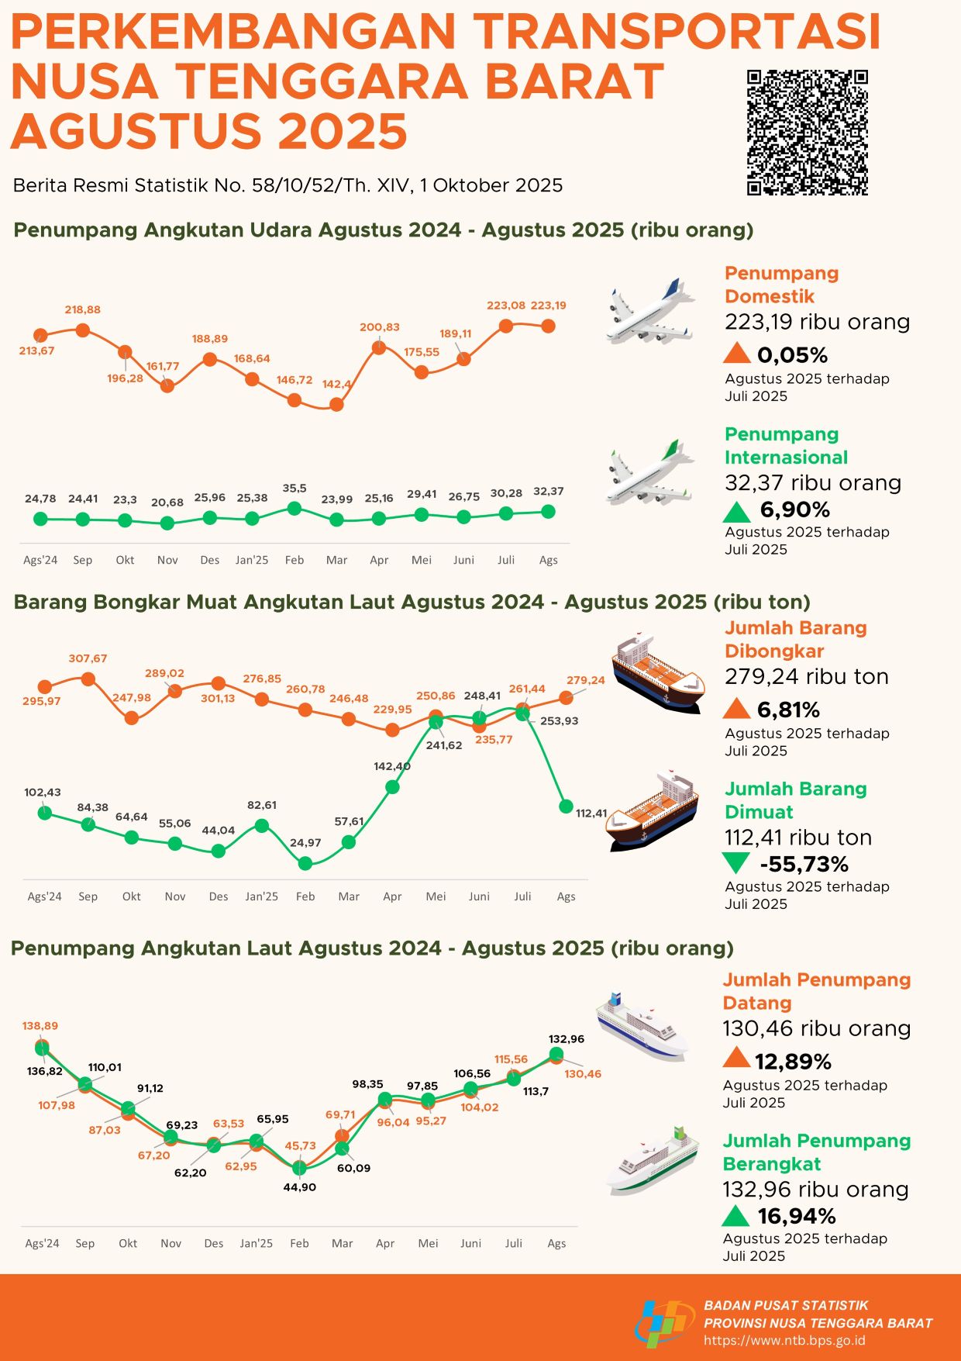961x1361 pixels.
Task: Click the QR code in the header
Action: point(807,133)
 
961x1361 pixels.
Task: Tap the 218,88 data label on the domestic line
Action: point(82,309)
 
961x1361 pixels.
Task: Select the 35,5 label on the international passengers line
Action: point(294,489)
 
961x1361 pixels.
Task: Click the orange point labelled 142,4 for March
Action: point(336,404)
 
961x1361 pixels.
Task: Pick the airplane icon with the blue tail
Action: point(649,312)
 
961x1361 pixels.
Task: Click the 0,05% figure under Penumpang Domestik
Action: point(792,355)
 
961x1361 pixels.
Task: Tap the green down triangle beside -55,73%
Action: point(735,863)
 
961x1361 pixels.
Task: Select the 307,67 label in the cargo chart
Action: point(88,658)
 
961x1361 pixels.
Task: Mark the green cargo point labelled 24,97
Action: point(305,863)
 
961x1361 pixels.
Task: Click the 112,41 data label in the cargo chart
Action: point(591,813)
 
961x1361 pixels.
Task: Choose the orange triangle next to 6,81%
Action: point(736,709)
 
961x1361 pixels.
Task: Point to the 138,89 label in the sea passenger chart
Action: point(40,1026)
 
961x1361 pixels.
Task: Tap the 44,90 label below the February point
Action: point(300,1187)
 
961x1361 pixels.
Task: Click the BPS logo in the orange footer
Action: point(664,1323)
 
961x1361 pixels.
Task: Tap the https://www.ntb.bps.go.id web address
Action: point(784,1341)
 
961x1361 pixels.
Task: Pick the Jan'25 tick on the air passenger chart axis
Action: point(252,560)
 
